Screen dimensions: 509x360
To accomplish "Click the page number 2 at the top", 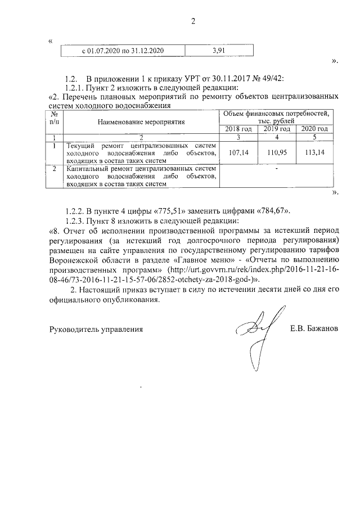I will tap(192, 22).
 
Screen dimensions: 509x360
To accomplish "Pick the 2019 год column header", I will tap(276, 129).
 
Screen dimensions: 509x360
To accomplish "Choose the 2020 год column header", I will tap(314, 129).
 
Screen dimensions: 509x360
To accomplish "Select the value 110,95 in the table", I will tap(276, 152).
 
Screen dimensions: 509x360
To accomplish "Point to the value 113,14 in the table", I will tap(314, 152).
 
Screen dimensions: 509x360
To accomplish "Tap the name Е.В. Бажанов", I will tap(314, 328).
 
